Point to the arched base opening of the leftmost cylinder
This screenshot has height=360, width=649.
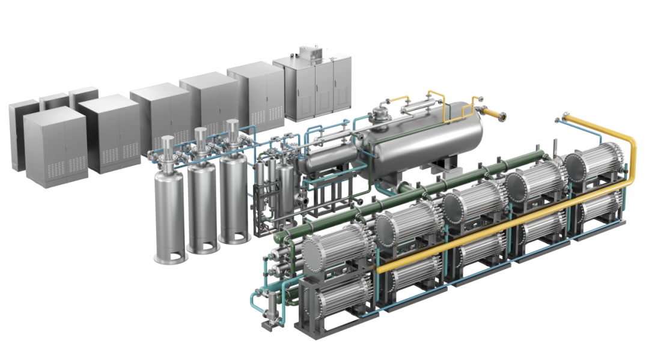[170, 255]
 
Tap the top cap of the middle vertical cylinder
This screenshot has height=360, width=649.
[201, 133]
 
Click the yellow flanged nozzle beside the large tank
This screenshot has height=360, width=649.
[494, 114]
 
